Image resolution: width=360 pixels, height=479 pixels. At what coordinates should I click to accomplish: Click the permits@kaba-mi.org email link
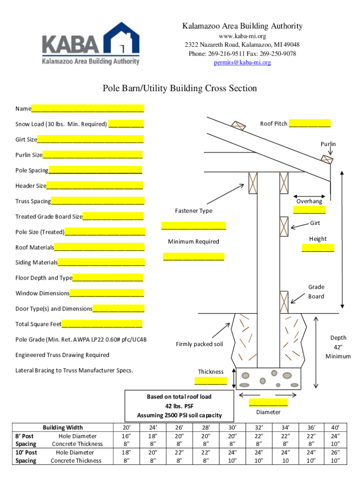(x=242, y=62)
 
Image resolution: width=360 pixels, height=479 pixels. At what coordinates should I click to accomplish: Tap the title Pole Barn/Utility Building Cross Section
(x=180, y=88)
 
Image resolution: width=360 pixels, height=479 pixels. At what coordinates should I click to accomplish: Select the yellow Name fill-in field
(x=87, y=109)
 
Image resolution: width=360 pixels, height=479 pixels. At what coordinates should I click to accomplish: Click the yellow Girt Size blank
(x=90, y=139)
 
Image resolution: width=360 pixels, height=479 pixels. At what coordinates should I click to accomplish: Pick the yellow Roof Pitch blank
(x=310, y=123)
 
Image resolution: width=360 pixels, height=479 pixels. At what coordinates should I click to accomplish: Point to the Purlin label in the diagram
(x=328, y=144)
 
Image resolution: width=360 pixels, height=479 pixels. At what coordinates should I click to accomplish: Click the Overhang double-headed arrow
(x=309, y=196)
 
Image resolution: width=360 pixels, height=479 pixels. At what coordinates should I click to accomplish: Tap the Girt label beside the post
(x=315, y=223)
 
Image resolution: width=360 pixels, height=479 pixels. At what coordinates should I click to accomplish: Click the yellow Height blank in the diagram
(x=318, y=248)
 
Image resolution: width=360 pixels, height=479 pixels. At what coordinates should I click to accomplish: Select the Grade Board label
(x=316, y=291)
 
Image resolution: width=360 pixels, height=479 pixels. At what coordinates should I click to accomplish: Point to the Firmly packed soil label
(x=199, y=344)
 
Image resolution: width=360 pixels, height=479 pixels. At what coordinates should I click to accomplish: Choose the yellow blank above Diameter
(x=268, y=402)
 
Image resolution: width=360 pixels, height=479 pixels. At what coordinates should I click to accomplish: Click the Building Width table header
(x=63, y=427)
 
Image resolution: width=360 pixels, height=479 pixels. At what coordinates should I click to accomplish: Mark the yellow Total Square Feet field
(x=102, y=324)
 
